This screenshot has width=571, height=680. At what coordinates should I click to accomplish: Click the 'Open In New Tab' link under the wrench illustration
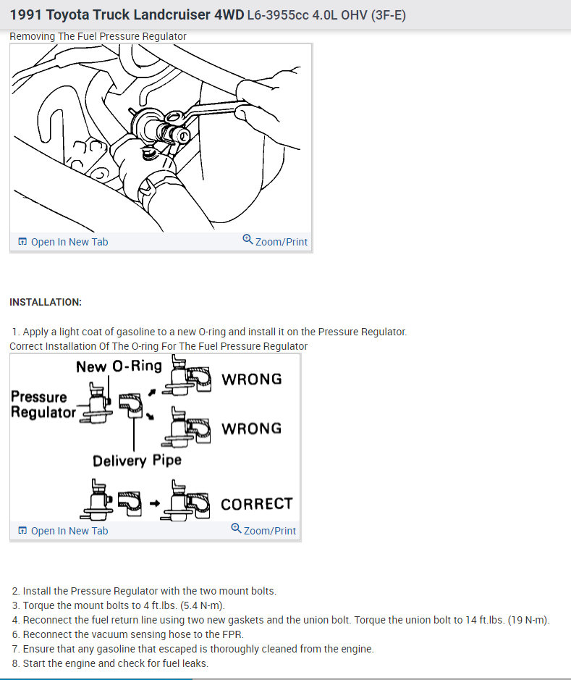[69, 242]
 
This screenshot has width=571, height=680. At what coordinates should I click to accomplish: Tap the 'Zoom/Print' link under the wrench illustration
[281, 242]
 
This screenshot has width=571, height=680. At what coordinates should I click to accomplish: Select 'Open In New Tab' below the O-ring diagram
[69, 531]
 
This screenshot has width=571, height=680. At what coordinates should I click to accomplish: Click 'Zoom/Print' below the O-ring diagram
[269, 531]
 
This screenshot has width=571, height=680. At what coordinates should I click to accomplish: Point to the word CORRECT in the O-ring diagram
[256, 504]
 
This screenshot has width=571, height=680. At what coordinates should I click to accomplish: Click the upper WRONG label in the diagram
[251, 379]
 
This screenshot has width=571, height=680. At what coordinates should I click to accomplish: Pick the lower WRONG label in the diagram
[251, 428]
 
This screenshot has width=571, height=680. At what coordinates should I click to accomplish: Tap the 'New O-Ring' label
[119, 366]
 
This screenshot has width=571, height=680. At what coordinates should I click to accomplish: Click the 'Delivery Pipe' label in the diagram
[137, 461]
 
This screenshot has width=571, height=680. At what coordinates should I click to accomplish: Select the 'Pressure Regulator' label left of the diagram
[43, 405]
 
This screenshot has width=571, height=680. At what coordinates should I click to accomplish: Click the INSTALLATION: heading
[46, 302]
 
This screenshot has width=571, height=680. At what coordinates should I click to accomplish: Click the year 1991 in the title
[27, 14]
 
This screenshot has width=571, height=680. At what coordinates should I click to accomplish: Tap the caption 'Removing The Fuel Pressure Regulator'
[98, 36]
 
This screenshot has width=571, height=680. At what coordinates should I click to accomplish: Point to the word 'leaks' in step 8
[194, 663]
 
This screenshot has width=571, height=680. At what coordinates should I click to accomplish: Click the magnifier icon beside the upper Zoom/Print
[248, 240]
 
